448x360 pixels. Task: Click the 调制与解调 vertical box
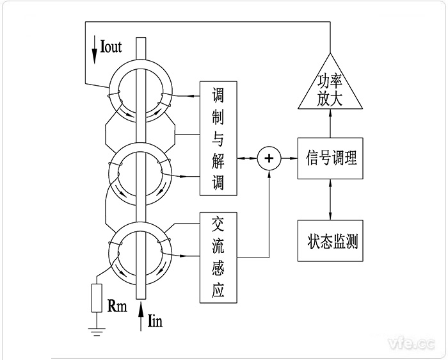click(x=219, y=138)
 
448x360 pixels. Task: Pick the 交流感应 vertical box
click(x=219, y=257)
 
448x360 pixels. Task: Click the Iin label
click(x=155, y=321)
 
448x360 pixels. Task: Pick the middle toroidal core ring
click(x=140, y=173)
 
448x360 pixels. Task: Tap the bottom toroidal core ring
click(x=140, y=250)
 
